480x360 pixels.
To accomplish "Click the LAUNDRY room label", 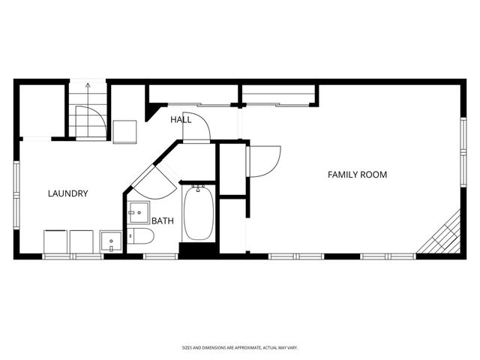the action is click(x=68, y=193).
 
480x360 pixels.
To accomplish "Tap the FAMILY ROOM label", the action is click(x=357, y=175).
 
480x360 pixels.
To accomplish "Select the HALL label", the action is click(x=181, y=120).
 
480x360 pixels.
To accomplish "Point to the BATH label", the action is click(x=163, y=220).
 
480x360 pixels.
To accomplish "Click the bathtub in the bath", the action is click(x=199, y=213).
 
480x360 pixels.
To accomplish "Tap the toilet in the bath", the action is click(x=140, y=236).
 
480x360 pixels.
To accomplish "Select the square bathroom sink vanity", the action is click(x=139, y=212).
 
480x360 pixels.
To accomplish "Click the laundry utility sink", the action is click(x=111, y=241).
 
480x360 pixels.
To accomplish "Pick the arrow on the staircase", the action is click(x=88, y=109).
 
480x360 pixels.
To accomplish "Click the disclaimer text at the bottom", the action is click(x=240, y=348).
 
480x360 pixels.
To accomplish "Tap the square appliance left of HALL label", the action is click(x=124, y=132).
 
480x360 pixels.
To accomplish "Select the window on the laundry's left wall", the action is click(x=16, y=195).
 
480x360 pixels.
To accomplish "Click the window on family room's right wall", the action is click(x=463, y=152).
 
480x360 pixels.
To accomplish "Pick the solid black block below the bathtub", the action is click(x=199, y=250).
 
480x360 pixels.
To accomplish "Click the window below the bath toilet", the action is click(x=160, y=256).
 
